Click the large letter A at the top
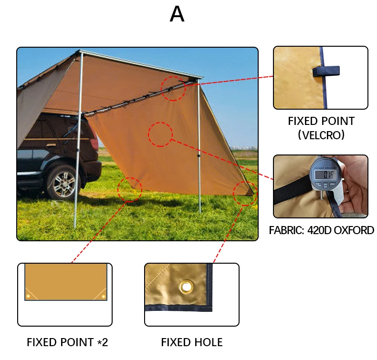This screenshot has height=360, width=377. [x=177, y=15]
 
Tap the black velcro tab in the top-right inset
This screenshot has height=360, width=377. [x=326, y=72]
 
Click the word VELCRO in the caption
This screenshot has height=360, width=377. [x=321, y=135]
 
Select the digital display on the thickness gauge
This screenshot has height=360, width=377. [x=325, y=175]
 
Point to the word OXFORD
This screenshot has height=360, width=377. [x=355, y=231]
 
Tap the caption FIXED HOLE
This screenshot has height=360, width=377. [x=191, y=342]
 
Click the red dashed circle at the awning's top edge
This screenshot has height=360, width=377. [x=173, y=88]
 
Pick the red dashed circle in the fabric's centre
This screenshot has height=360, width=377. [x=160, y=134]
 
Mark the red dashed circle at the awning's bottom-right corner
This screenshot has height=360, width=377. [x=245, y=193]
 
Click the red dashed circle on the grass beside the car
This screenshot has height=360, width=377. [x=129, y=189]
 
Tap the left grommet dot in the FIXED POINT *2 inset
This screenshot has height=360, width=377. [x=28, y=296]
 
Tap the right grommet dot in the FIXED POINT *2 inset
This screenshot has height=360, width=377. [x=103, y=296]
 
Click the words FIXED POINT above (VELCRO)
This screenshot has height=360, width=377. [x=321, y=121]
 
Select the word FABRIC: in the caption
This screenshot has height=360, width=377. [x=288, y=231]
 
